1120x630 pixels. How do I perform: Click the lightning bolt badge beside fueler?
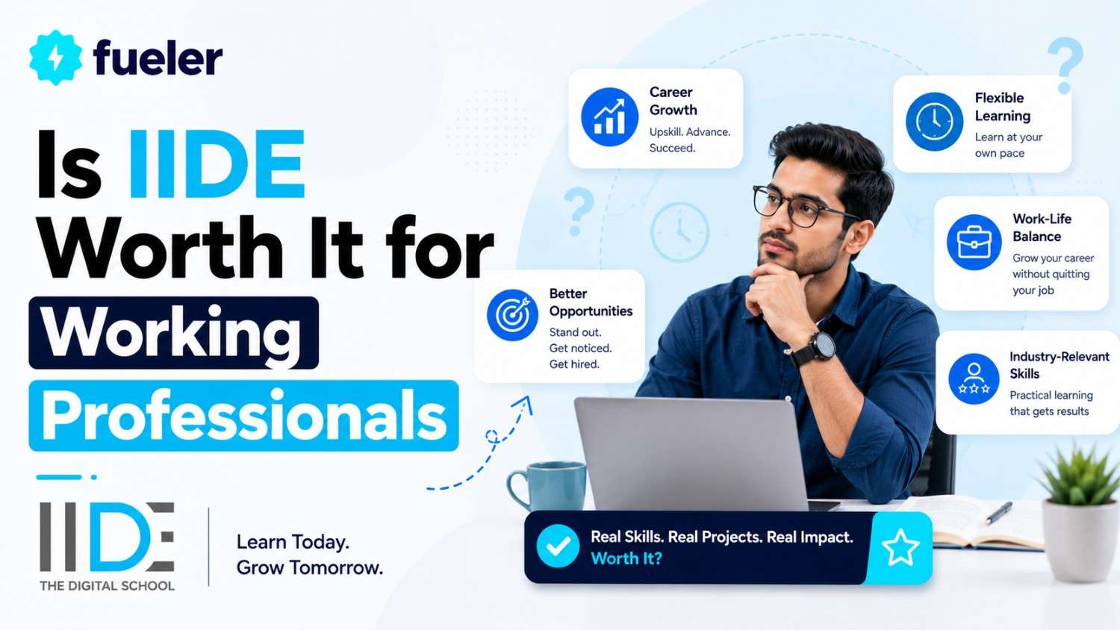(55, 57)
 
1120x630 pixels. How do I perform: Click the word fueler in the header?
(158, 58)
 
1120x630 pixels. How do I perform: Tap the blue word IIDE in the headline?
(217, 164)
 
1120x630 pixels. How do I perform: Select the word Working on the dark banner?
(171, 332)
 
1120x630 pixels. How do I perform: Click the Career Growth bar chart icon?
(609, 117)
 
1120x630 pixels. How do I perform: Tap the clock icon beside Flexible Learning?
(934, 122)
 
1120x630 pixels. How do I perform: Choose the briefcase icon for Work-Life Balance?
(974, 243)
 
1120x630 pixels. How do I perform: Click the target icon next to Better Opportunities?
(512, 315)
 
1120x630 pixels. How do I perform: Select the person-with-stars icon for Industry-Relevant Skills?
(974, 379)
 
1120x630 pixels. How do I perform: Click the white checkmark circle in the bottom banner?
(558, 546)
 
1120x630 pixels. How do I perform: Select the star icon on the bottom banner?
(900, 547)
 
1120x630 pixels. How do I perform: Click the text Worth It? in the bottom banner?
(626, 558)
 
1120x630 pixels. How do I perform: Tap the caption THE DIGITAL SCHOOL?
(107, 585)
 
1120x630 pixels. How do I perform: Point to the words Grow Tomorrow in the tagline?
(310, 567)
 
